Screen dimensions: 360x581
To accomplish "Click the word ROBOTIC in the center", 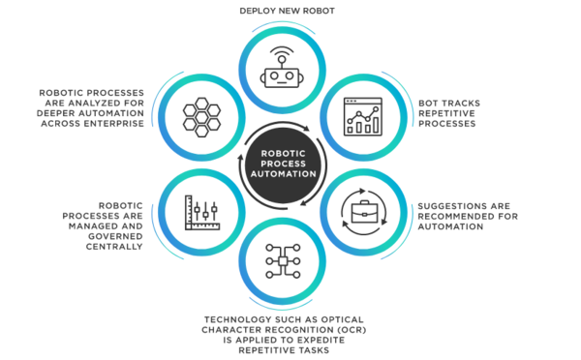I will (x=290, y=152).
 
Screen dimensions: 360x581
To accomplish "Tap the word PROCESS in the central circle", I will (x=290, y=163).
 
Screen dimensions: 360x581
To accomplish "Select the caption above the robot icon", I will (x=290, y=12).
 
